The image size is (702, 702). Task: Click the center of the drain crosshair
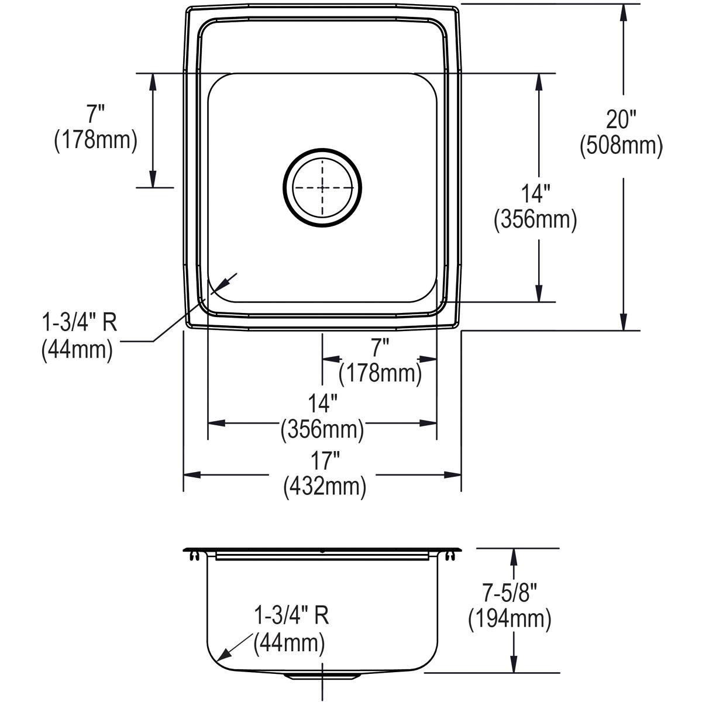click(322, 188)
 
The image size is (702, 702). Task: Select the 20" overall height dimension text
click(621, 119)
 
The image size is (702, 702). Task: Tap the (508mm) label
click(621, 146)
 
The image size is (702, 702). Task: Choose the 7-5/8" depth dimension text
click(510, 593)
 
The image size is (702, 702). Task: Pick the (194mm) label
click(510, 619)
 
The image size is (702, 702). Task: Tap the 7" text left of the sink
click(95, 113)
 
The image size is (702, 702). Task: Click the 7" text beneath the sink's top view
click(380, 347)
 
